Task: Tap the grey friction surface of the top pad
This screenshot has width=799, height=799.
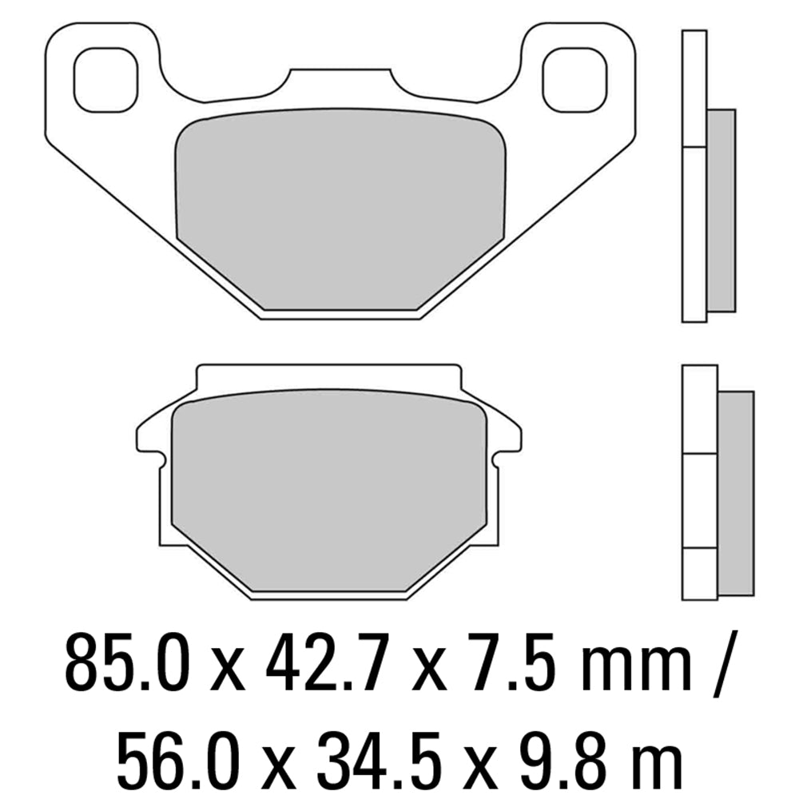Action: coord(340,208)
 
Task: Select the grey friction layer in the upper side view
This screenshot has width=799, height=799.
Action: coord(721,209)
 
